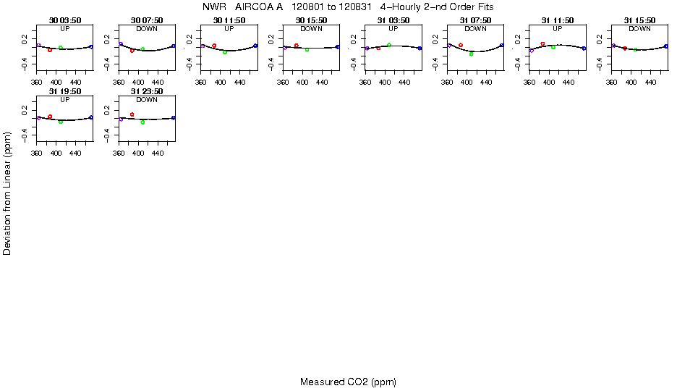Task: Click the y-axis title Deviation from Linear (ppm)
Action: click(7, 193)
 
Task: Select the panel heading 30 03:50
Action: click(64, 20)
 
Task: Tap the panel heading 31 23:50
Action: click(147, 91)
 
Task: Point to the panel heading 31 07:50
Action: click(475, 20)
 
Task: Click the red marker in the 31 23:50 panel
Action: click(132, 114)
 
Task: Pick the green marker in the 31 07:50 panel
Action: click(471, 54)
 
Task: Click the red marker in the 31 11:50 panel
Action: click(542, 43)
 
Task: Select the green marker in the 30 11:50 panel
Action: click(225, 52)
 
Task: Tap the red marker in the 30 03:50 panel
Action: click(50, 50)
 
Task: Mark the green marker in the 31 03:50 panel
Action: click(389, 45)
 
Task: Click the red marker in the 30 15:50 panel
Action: click(297, 46)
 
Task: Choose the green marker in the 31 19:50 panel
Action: click(61, 122)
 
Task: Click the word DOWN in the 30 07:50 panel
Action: click(147, 28)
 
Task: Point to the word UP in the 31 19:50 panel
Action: click(64, 99)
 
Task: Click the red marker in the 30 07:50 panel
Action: click(132, 51)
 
